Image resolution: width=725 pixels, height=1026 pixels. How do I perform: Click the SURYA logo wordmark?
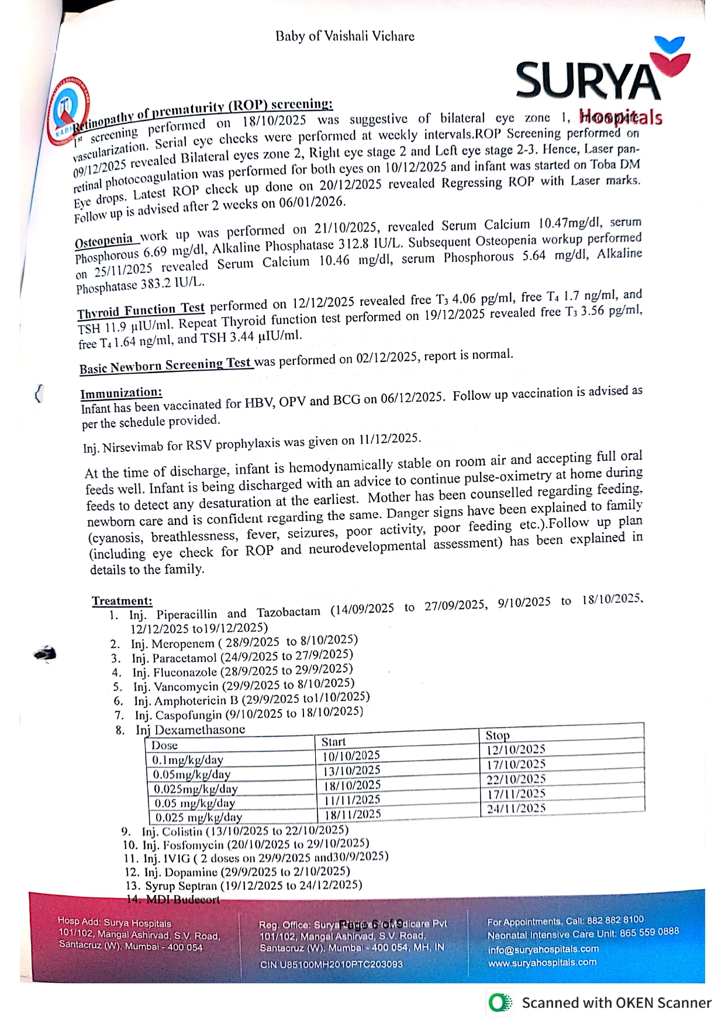588,81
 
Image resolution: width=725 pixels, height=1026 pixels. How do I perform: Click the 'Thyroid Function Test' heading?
141,310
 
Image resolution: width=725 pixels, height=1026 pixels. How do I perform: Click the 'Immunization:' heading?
121,393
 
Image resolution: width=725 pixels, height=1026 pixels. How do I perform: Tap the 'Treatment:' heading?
122,601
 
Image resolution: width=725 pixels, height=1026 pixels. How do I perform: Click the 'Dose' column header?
164,745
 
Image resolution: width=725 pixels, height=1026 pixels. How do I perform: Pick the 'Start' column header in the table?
333,742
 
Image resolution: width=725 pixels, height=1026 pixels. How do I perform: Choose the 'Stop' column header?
498,735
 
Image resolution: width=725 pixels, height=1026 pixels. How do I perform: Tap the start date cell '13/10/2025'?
351,771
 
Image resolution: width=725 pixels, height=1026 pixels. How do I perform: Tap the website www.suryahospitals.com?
542,962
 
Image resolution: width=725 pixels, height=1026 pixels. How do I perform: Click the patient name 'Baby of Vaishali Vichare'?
345,36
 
